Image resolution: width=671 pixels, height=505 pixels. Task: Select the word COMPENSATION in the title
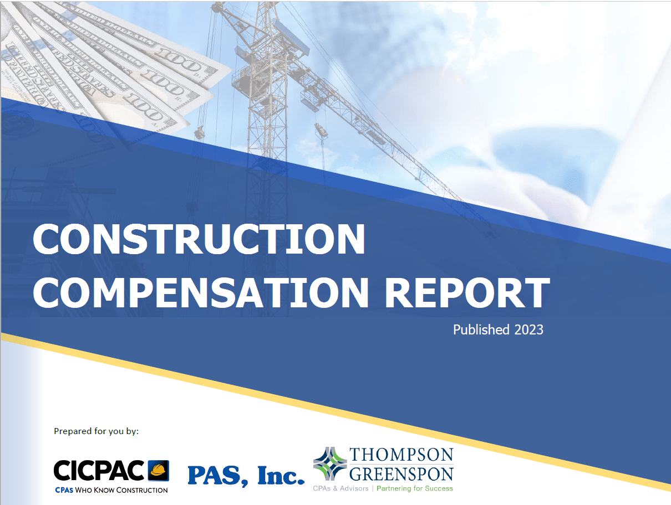201,292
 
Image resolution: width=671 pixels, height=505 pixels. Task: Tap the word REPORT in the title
467,292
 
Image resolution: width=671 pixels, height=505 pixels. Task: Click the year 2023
528,330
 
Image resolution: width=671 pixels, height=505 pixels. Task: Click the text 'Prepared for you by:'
96,431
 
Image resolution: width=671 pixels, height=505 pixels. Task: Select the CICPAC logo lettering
99,470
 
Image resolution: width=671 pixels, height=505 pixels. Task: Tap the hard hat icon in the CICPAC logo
159,470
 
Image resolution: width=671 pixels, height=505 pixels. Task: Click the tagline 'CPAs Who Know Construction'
111,490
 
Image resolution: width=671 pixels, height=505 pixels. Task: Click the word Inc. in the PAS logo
281,476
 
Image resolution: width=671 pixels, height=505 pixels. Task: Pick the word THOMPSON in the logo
401,455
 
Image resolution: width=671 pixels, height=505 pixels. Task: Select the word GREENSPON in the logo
401,474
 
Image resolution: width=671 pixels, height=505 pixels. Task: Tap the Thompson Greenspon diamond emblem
330,464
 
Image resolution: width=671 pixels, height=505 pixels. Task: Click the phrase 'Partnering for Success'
414,488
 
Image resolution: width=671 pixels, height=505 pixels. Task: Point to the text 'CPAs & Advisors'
340,488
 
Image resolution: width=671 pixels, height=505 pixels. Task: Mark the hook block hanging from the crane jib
321,131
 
